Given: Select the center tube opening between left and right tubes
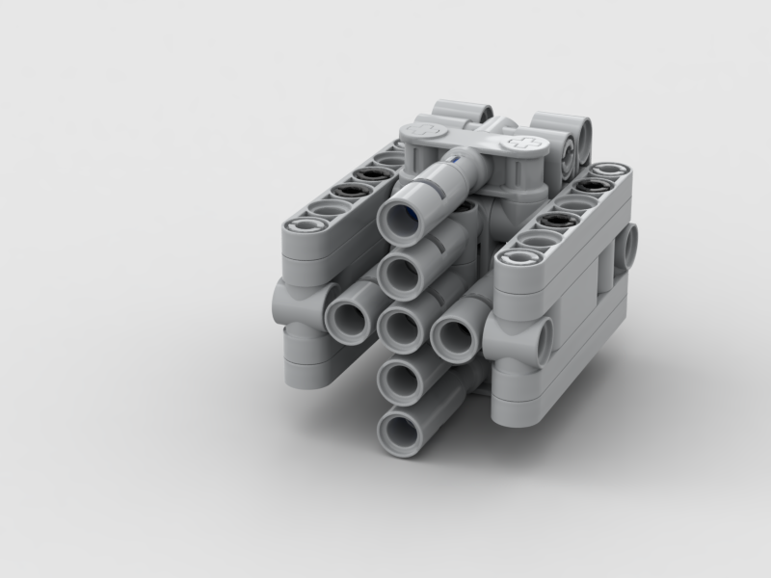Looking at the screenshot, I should pos(402,326).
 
